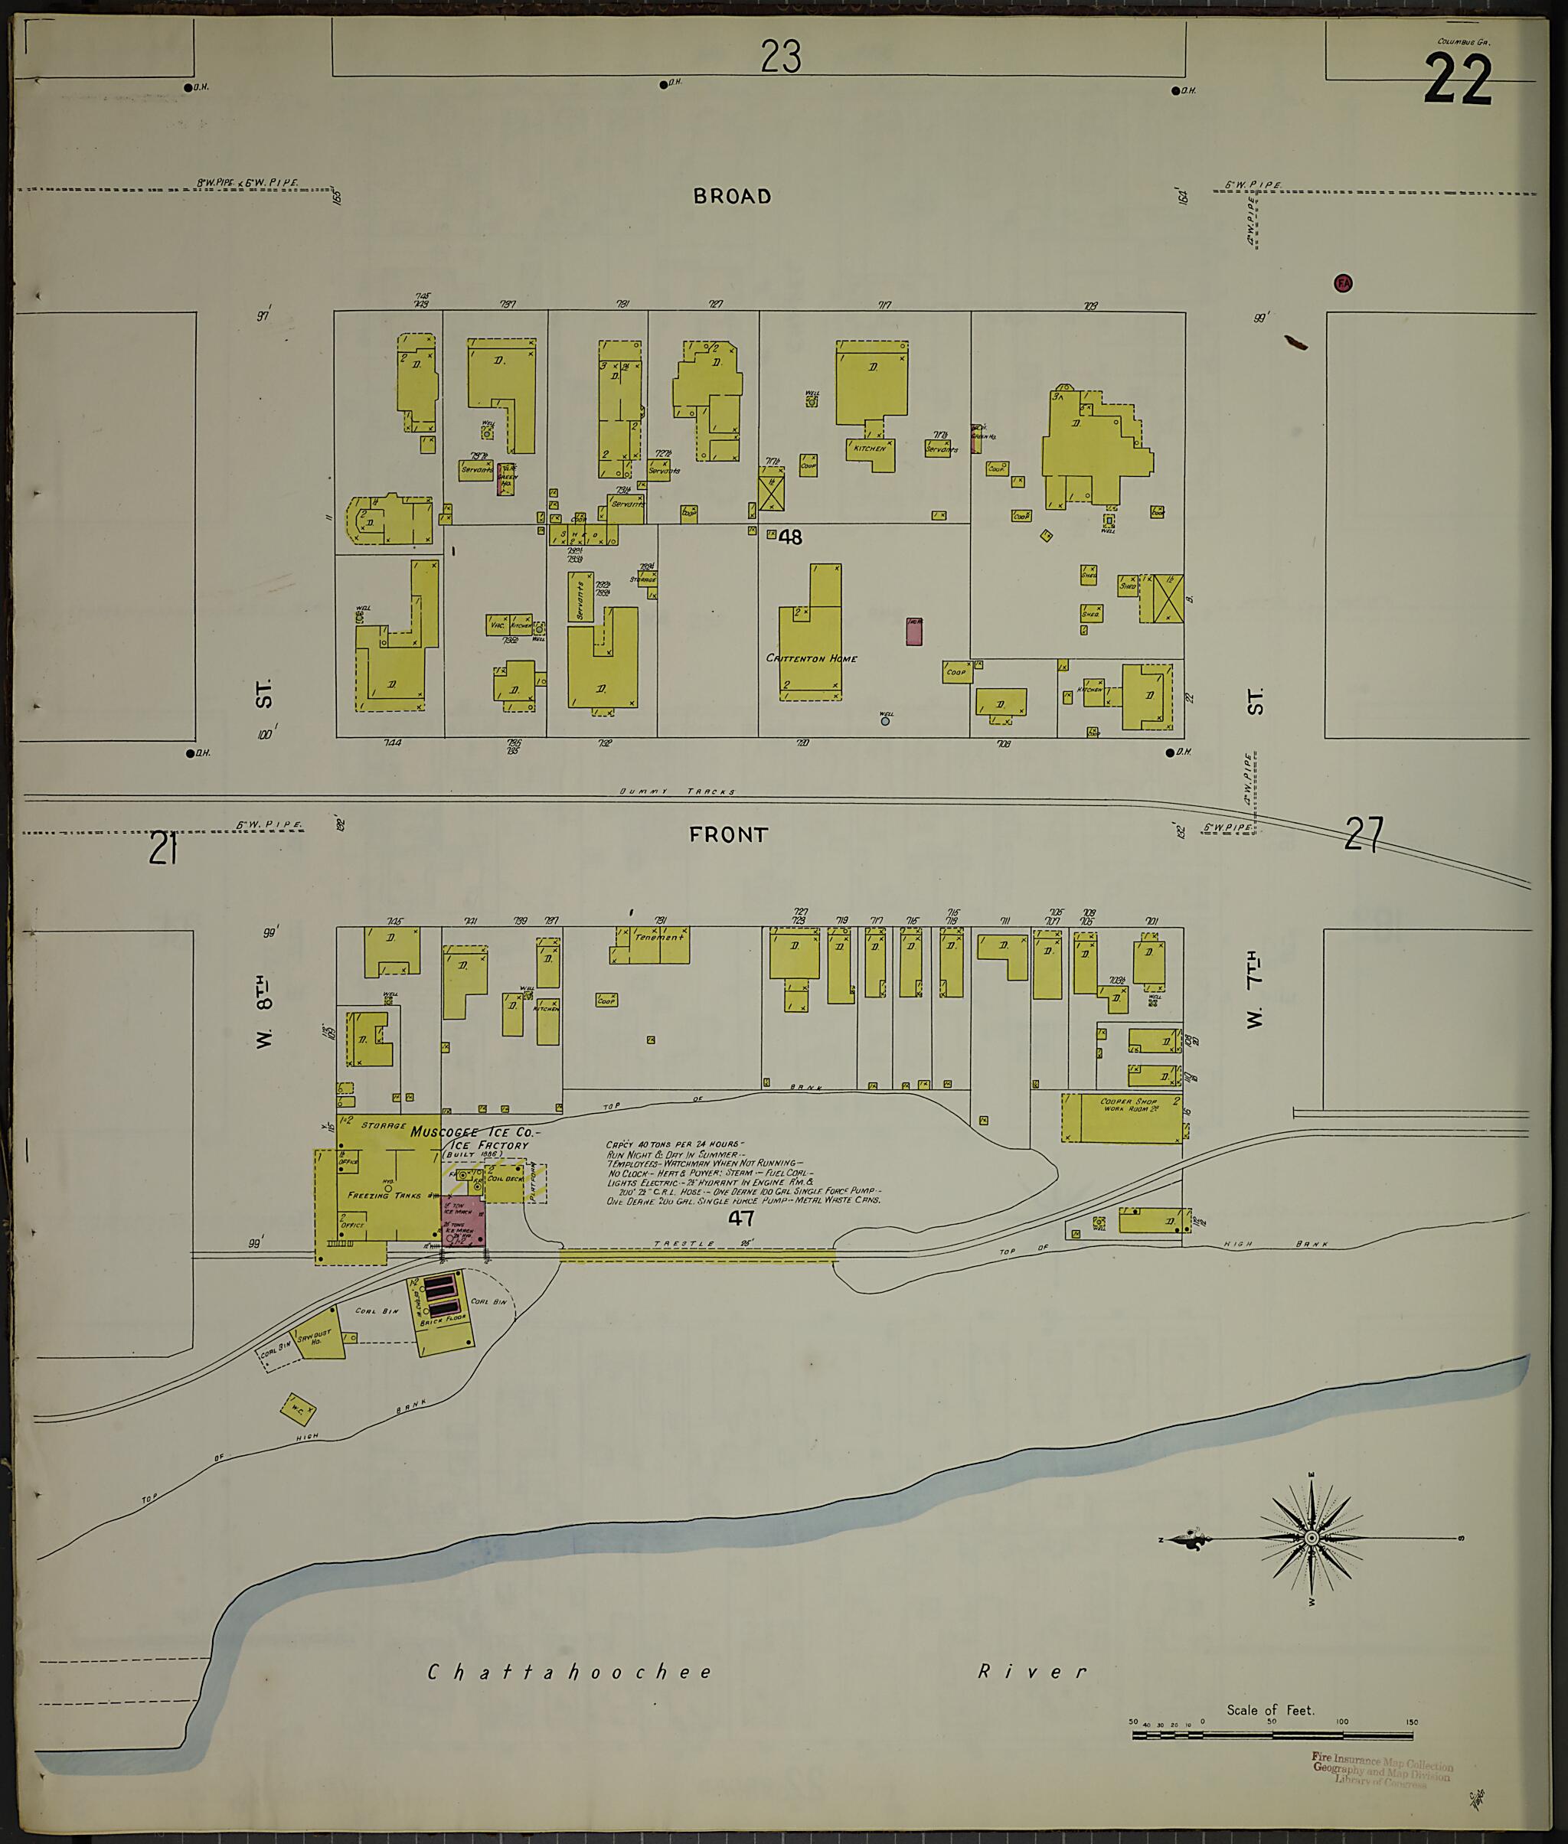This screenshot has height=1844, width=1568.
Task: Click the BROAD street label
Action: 732,197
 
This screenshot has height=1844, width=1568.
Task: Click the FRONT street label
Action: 728,834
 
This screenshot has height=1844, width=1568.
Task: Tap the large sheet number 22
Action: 1457,80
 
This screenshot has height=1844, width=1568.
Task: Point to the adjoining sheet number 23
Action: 780,57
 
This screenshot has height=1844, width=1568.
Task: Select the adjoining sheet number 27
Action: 1364,834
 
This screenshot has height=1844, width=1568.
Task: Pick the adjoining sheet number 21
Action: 164,847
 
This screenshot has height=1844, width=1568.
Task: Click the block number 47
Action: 740,1216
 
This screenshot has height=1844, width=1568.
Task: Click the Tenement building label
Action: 658,938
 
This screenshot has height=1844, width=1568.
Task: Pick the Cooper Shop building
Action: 1127,1118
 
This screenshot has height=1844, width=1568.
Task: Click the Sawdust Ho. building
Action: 320,1336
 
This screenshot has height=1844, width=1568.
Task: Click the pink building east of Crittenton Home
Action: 914,631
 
